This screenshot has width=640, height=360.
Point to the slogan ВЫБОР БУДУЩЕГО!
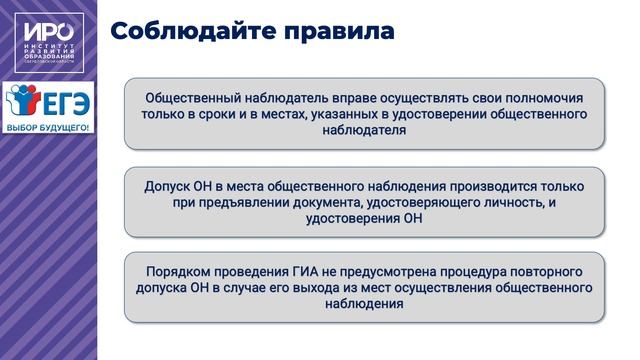coord(48,129)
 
